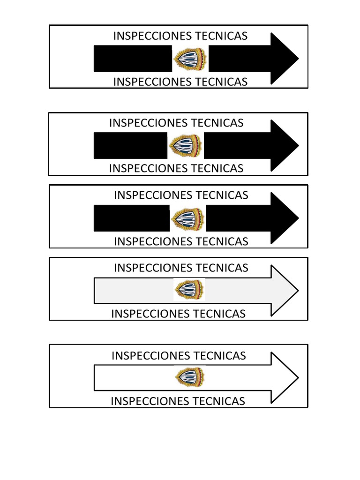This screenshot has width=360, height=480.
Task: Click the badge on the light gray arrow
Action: tap(189, 290)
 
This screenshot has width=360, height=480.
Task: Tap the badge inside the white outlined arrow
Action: tap(189, 377)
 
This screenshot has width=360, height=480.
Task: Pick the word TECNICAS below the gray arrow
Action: tap(221, 314)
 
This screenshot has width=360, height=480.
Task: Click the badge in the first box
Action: tap(190, 59)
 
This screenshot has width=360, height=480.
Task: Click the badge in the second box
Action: tap(186, 145)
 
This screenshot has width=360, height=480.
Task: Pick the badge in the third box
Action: tap(187, 218)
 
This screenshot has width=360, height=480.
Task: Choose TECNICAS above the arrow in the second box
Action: tap(219, 123)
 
